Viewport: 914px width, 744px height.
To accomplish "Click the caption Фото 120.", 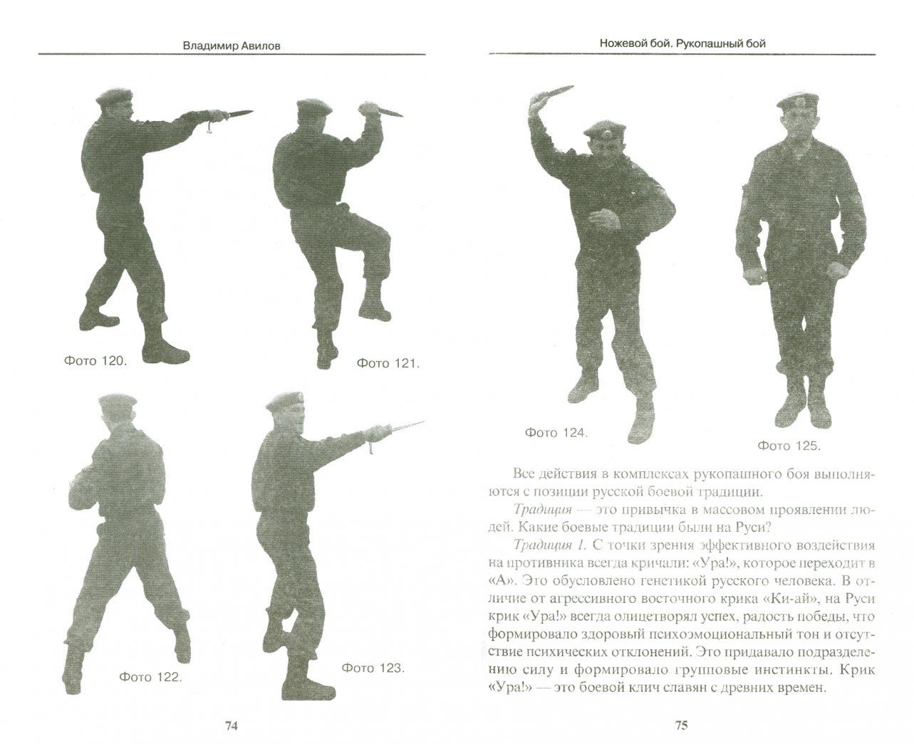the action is click(95, 360).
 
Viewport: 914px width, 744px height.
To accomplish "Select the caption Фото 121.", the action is click(388, 364).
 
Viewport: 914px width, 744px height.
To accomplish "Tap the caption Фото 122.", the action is click(150, 677).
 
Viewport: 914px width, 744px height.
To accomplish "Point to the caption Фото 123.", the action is click(373, 669).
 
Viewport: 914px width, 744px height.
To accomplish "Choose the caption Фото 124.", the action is click(556, 433).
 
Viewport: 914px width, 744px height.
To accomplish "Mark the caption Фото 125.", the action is click(789, 446).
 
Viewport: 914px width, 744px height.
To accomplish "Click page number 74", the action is click(232, 725).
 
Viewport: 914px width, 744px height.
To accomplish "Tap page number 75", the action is click(682, 725).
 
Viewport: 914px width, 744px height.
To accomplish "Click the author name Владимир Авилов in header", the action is click(232, 46).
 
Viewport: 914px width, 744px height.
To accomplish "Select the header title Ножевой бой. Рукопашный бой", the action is click(682, 43).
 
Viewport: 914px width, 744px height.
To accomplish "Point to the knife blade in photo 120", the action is click(238, 114).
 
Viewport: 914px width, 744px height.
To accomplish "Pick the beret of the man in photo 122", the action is click(117, 401).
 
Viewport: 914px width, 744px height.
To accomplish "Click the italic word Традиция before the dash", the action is click(544, 510).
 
